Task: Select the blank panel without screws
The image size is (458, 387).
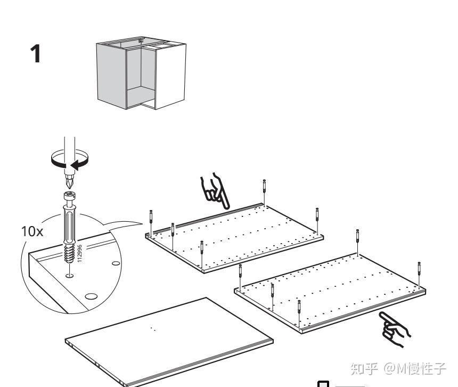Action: click(168, 340)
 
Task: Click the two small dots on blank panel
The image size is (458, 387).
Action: click(153, 329)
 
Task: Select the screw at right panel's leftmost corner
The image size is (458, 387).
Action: click(241, 273)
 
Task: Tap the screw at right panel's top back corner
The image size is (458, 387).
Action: click(358, 238)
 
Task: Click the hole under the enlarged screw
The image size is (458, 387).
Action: click(69, 276)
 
